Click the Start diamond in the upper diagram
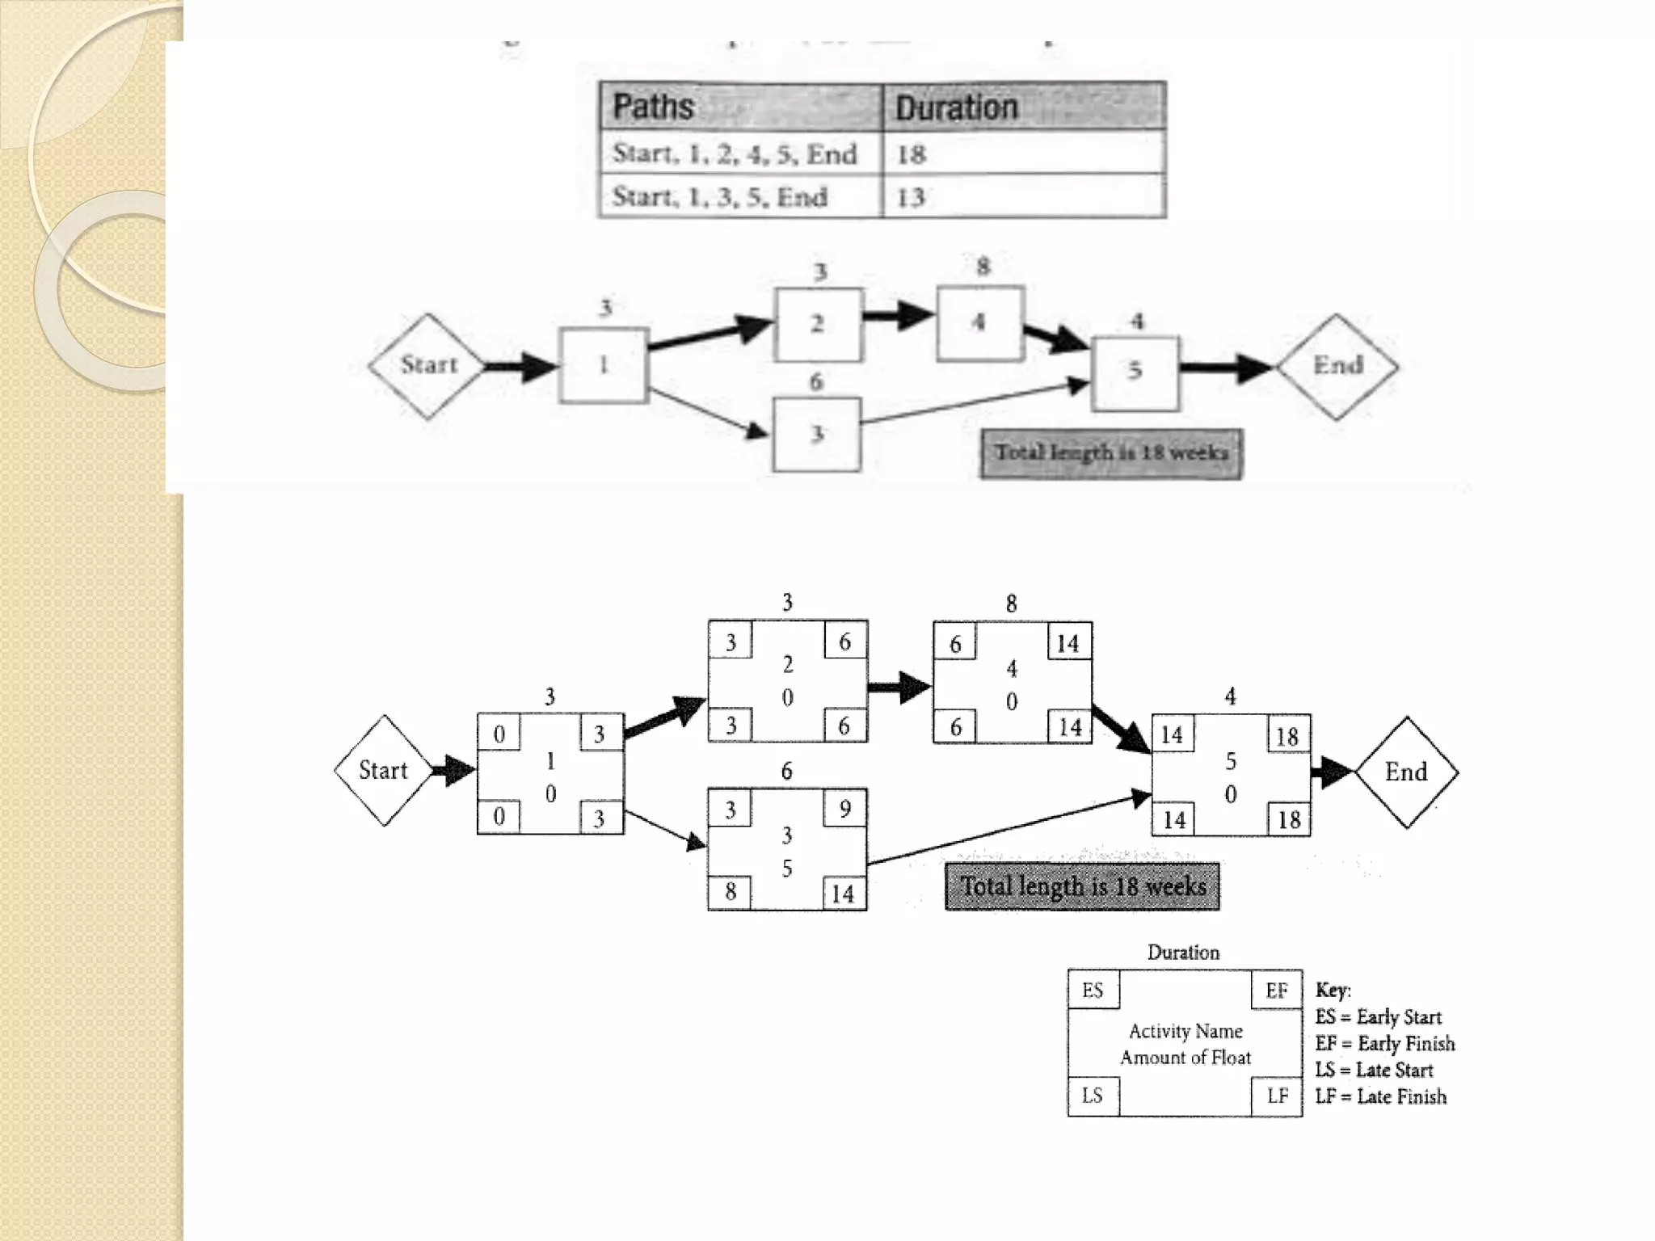pyautogui.click(x=427, y=366)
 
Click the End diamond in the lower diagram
pyautogui.click(x=1406, y=772)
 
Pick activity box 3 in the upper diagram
pyautogui.click(x=816, y=434)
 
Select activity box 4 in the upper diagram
pyautogui.click(x=979, y=322)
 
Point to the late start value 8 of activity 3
pyautogui.click(x=730, y=891)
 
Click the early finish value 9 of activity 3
pyautogui.click(x=844, y=809)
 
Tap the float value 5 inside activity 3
pyautogui.click(x=787, y=869)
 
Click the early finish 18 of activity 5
pyautogui.click(x=1287, y=736)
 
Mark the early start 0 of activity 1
pyautogui.click(x=499, y=734)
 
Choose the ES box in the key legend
pyautogui.click(x=1093, y=991)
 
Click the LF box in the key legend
pyautogui.click(x=1278, y=1096)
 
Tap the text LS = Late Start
pyautogui.click(x=1374, y=1070)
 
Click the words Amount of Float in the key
pyautogui.click(x=1185, y=1058)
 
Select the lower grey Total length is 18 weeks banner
pyautogui.click(x=1082, y=887)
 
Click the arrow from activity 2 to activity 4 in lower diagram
pyautogui.click(x=899, y=688)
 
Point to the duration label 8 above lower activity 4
pyautogui.click(x=1011, y=604)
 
